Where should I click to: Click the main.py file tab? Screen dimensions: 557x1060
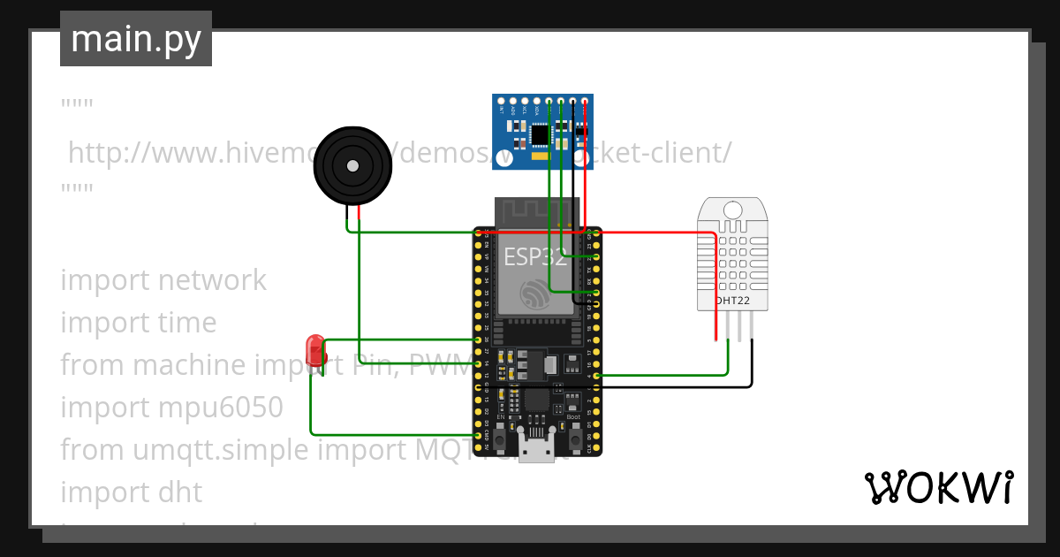(135, 39)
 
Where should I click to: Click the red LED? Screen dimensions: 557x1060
(314, 350)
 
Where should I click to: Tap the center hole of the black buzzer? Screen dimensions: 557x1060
(352, 165)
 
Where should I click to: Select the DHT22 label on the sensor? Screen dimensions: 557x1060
(733, 301)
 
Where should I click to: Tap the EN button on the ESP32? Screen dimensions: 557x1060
(500, 437)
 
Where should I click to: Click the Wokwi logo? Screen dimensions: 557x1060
(938, 487)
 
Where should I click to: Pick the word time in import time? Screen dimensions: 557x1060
(186, 323)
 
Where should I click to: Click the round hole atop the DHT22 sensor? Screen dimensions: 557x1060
(732, 210)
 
